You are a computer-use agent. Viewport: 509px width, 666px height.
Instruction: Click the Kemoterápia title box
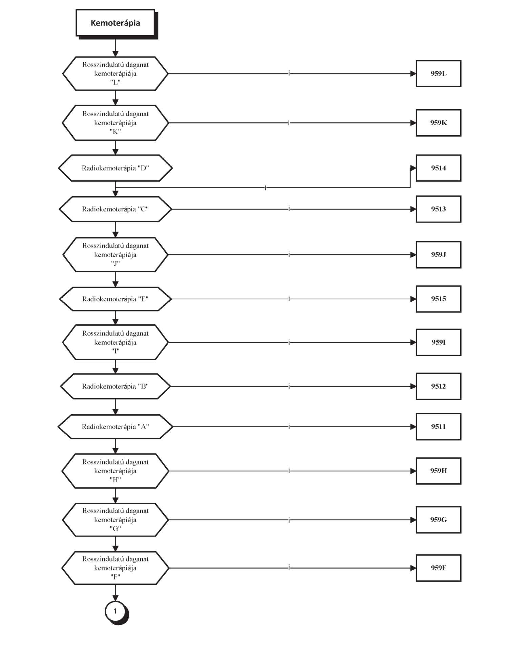(115, 23)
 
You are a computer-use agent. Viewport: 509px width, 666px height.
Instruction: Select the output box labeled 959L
(438, 73)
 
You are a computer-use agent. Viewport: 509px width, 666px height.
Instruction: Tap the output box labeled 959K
(438, 123)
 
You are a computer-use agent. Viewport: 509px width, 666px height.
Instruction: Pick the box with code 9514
(438, 168)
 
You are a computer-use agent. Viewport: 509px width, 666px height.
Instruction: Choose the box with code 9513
(438, 209)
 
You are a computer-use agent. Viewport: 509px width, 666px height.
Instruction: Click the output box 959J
(438, 254)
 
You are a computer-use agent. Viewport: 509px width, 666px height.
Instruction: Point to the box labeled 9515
(438, 299)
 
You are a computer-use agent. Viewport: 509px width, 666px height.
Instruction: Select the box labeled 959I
(438, 342)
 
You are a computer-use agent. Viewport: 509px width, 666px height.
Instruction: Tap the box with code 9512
(438, 386)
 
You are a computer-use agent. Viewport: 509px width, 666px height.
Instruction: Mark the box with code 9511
(438, 427)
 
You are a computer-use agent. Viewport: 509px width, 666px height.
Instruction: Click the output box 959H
(438, 471)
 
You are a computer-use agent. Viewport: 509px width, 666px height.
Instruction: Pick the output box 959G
(438, 520)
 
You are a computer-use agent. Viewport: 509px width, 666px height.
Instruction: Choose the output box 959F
(438, 568)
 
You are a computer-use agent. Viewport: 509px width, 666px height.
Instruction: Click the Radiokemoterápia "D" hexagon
(115, 168)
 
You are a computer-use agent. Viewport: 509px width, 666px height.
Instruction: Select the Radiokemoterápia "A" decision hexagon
(115, 427)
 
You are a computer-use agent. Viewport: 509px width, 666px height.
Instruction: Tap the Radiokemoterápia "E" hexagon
(115, 299)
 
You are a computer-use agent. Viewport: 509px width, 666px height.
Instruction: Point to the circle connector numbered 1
(115, 612)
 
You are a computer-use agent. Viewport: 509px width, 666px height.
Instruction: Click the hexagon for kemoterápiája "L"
(115, 73)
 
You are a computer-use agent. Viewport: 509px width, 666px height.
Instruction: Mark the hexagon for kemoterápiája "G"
(115, 520)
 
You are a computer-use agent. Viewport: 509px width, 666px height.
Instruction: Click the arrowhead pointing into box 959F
(413, 568)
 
